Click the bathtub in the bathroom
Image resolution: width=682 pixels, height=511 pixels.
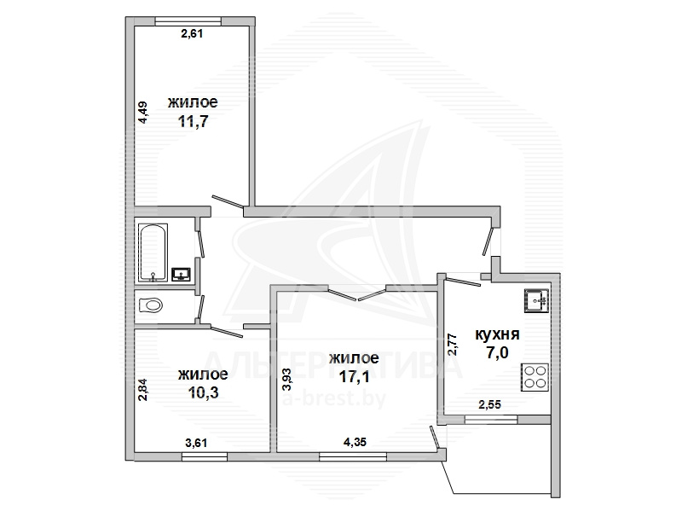click(153, 253)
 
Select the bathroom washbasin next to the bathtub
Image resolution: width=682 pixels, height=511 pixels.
click(182, 274)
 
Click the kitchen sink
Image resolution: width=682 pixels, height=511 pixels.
click(536, 301)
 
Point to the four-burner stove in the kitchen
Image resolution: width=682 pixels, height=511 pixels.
click(535, 377)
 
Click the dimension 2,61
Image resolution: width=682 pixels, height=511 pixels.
click(192, 33)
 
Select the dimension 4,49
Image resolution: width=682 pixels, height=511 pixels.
click(143, 113)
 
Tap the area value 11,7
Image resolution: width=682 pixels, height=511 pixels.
click(194, 120)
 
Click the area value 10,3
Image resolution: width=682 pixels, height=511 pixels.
click(203, 392)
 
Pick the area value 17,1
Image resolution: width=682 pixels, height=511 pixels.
click(355, 376)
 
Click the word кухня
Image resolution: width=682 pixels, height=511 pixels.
click(497, 334)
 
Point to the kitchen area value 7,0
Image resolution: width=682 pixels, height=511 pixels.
click(498, 352)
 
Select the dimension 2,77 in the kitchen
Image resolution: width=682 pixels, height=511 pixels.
click(453, 345)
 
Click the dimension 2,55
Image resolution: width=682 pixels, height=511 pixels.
click(489, 404)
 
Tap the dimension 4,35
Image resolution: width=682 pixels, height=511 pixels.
click(355, 442)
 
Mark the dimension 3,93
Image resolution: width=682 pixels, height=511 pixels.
click(287, 380)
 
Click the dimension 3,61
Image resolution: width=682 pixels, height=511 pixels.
click(196, 443)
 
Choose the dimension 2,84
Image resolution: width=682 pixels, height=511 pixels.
click(143, 390)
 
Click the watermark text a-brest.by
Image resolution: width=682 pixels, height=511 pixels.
click(334, 398)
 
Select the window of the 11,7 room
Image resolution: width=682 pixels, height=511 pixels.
click(188, 21)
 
